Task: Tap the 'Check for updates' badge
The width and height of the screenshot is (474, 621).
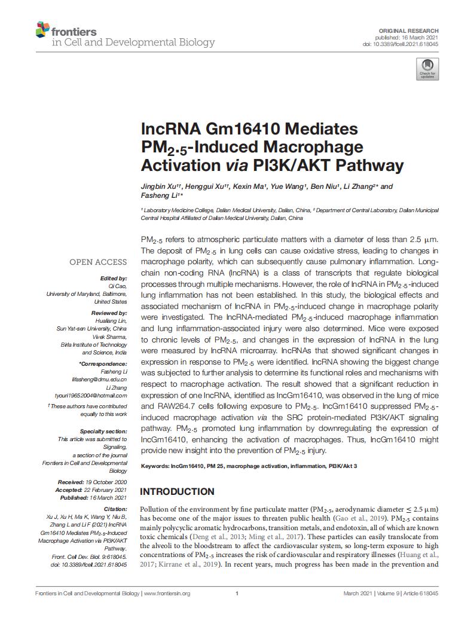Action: point(427,69)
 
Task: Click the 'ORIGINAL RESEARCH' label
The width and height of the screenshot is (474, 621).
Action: point(409,30)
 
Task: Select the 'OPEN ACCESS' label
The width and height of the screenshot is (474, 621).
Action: point(98,262)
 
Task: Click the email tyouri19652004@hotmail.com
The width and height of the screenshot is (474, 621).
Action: point(99,395)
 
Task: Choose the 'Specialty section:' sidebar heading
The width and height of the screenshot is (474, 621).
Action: point(103,431)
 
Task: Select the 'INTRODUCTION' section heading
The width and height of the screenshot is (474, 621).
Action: point(177,491)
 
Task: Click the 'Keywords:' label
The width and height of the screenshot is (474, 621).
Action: point(155,466)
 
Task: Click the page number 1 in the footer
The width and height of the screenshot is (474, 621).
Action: point(237,594)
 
